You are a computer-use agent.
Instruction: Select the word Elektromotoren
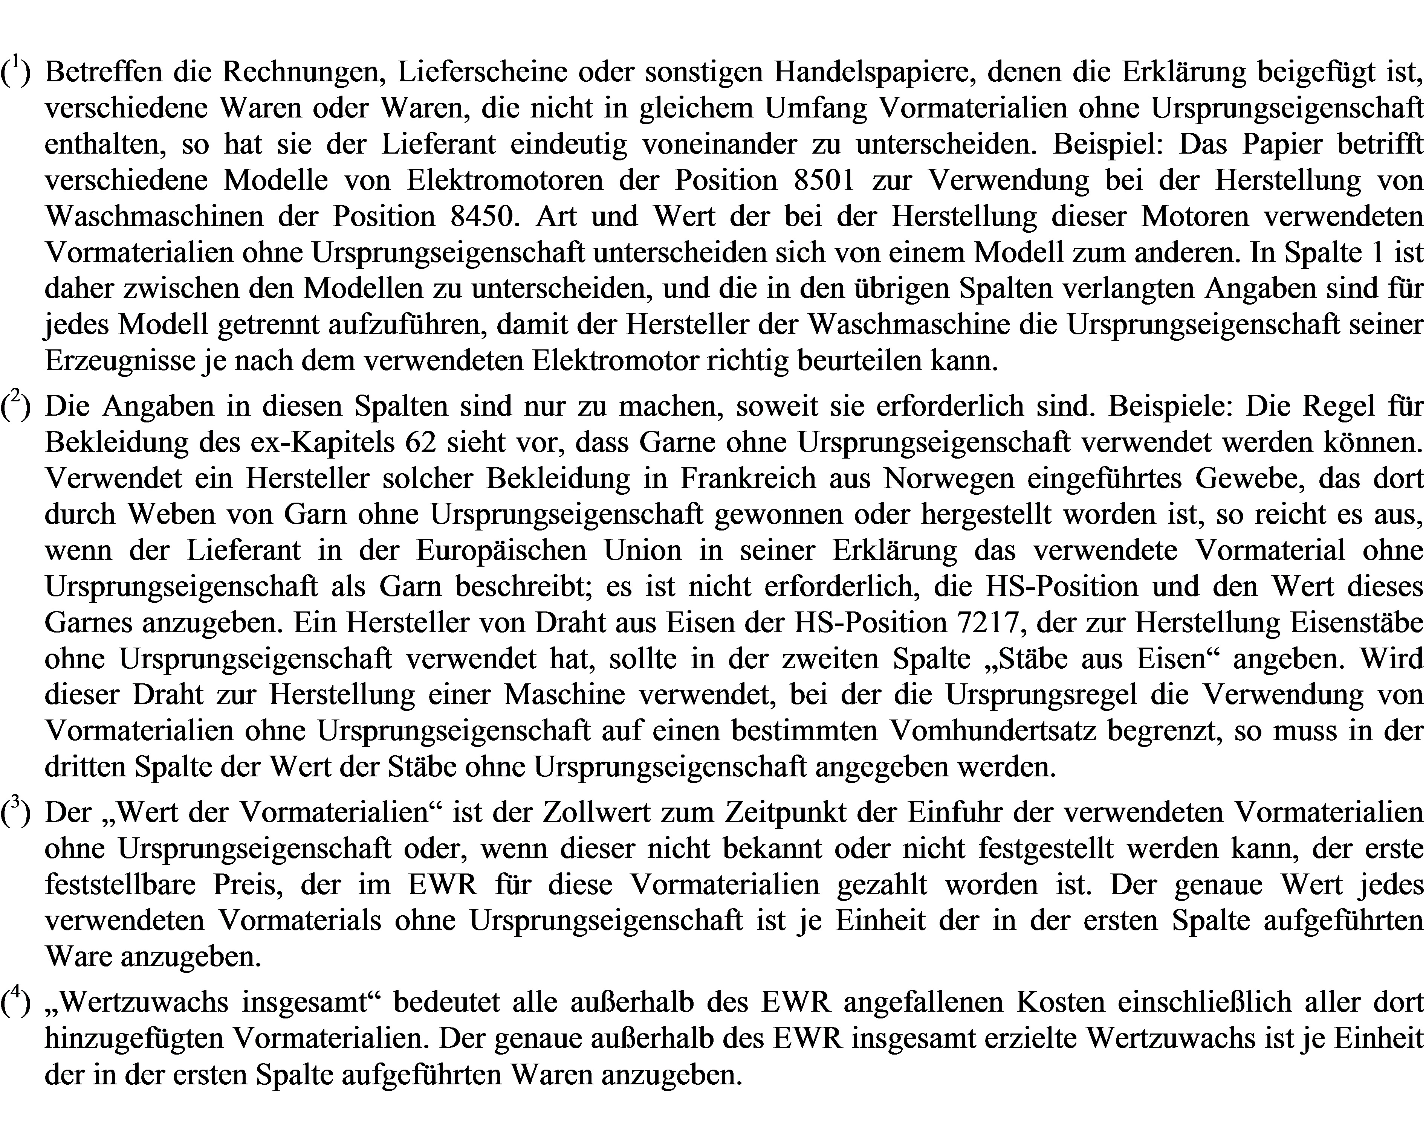505,180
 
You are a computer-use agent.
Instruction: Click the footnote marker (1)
16,71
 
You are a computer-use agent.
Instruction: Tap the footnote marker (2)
16,406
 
